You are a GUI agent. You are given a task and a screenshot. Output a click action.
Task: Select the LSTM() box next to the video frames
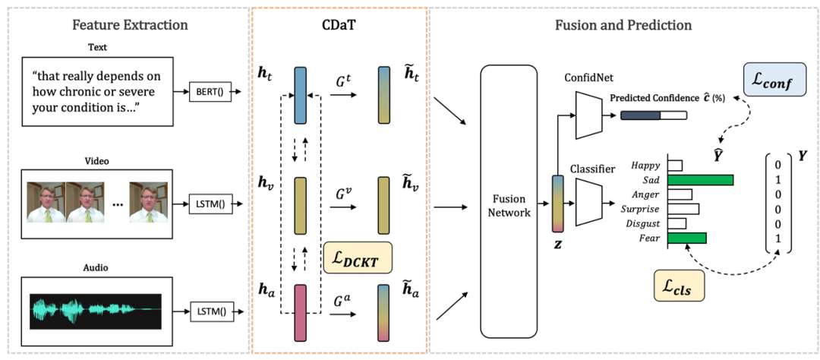point(212,204)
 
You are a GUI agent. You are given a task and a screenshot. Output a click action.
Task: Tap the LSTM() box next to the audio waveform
point(212,311)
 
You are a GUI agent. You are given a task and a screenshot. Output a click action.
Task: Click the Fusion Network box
point(509,205)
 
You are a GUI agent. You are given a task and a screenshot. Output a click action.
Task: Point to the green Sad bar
point(700,180)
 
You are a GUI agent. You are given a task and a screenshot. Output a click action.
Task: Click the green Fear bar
point(686,238)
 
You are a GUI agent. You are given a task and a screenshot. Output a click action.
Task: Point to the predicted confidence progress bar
point(653,115)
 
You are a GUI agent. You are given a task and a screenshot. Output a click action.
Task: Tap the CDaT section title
point(340,25)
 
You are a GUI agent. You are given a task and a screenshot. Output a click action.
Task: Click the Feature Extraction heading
point(130,25)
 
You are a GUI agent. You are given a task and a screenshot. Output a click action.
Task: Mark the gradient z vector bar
point(558,204)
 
